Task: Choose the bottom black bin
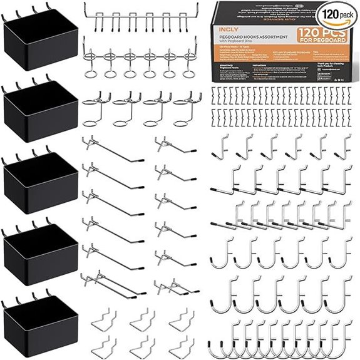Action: [x=38, y=322]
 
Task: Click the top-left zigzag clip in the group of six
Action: [x=103, y=322]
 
